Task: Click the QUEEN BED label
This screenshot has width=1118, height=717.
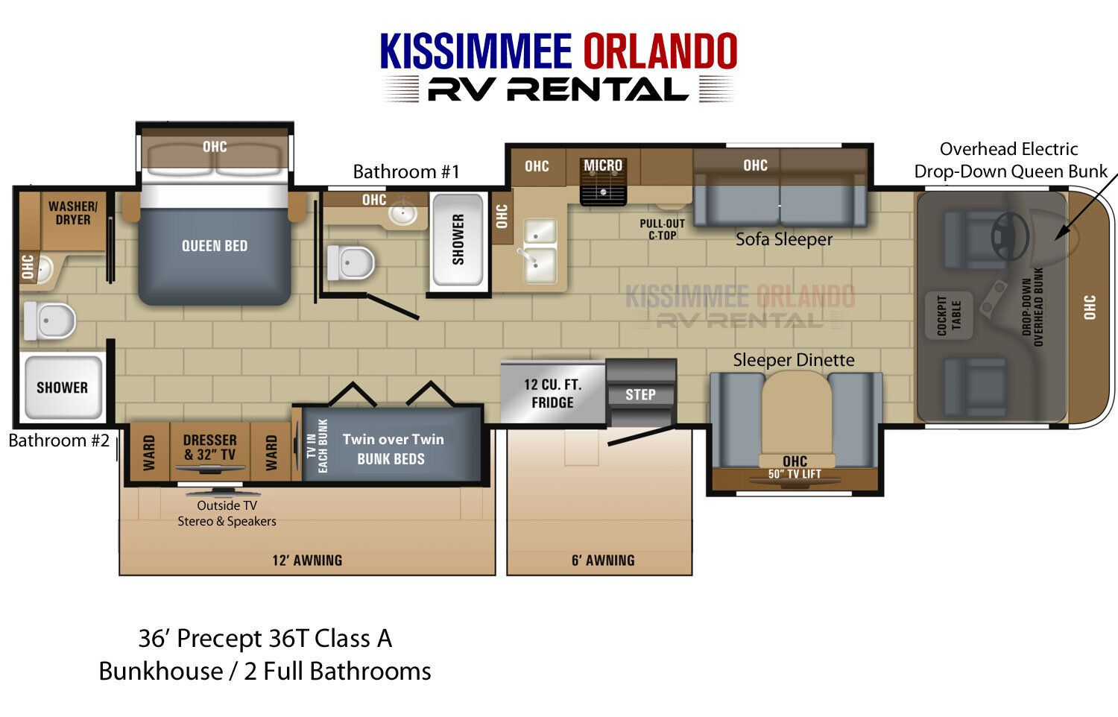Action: point(215,245)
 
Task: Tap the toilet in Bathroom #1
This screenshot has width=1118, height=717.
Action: point(351,263)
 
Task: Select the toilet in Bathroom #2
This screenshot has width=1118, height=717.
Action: point(49,320)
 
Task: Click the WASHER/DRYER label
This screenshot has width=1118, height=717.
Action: point(73,213)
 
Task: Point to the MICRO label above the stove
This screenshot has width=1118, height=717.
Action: point(603,165)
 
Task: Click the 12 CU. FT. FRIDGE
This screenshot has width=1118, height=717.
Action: point(553,392)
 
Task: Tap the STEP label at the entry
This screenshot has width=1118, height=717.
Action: point(640,395)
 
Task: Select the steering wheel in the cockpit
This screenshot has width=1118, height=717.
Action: point(1010,236)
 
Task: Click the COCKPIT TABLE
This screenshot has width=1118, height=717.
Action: point(949,315)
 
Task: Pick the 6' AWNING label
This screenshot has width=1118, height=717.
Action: point(603,560)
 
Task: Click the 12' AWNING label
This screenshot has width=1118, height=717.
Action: point(307,560)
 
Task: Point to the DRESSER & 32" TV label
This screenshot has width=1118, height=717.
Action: point(209,447)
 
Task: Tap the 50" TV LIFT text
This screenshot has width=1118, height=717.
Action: point(795,474)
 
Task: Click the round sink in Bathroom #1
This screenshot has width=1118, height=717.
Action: point(403,214)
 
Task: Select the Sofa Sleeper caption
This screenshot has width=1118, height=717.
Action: point(784,239)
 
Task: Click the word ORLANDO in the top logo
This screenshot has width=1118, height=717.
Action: point(660,51)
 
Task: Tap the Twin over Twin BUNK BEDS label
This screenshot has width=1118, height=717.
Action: point(393,449)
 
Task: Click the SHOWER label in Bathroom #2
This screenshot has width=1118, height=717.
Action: point(62,387)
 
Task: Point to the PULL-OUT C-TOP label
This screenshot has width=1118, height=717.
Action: point(663,230)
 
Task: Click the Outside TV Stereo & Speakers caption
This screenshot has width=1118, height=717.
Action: point(227,513)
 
